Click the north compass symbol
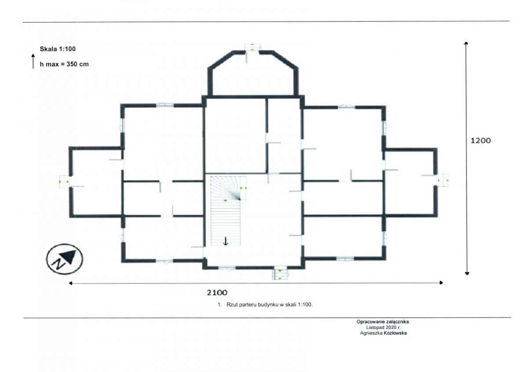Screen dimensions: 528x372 point(64,259)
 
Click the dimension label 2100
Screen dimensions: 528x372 point(217,293)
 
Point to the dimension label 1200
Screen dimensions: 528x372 point(480,141)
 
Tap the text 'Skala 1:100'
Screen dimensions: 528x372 point(58,49)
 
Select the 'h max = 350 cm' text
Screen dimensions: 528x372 point(64,64)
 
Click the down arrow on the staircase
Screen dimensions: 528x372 point(226,241)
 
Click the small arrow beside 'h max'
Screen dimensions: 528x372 point(33,61)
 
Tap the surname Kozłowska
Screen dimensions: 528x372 point(395,333)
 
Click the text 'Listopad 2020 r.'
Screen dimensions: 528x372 point(384,327)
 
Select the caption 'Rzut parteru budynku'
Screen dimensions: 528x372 point(253,305)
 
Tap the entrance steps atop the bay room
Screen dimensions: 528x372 point(253,47)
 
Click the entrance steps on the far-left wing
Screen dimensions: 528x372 point(64,182)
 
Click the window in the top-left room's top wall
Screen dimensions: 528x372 point(165,105)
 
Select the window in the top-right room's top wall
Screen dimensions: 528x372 point(346,107)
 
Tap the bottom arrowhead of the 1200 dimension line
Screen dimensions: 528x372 point(467,274)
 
